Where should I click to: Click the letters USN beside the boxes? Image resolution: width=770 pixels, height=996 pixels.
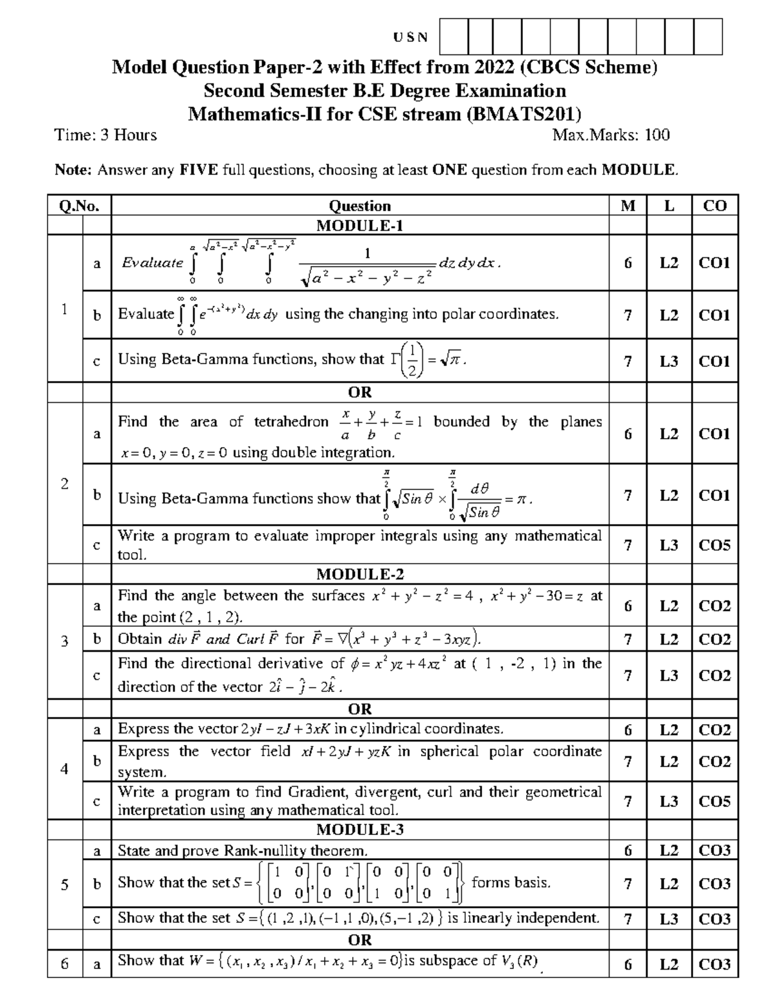(x=411, y=37)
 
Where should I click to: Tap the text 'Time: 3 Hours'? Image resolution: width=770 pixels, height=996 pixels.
(x=106, y=135)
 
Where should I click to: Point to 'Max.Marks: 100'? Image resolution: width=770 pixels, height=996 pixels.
(x=611, y=135)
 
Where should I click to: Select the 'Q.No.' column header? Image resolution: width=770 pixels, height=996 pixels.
(x=79, y=206)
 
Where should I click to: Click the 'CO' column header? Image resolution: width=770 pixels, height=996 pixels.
(x=715, y=206)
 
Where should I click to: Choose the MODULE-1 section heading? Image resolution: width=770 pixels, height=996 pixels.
(x=359, y=225)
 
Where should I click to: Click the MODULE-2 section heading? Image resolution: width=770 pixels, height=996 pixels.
(x=359, y=573)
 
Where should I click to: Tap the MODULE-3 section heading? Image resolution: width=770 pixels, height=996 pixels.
(x=359, y=830)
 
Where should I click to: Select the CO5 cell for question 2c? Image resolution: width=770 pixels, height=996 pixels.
(x=715, y=545)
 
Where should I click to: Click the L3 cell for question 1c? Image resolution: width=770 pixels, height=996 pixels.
(x=669, y=362)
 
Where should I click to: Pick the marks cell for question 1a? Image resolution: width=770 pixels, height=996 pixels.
(x=628, y=263)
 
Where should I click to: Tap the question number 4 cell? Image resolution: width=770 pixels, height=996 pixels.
(x=64, y=768)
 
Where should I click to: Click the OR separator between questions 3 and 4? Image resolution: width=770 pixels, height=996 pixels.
(x=359, y=709)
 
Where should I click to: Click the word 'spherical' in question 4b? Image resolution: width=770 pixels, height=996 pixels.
(x=449, y=752)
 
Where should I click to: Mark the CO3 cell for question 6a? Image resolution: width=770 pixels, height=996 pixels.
(x=715, y=964)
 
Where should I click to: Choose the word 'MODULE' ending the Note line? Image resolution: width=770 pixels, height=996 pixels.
(x=638, y=170)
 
